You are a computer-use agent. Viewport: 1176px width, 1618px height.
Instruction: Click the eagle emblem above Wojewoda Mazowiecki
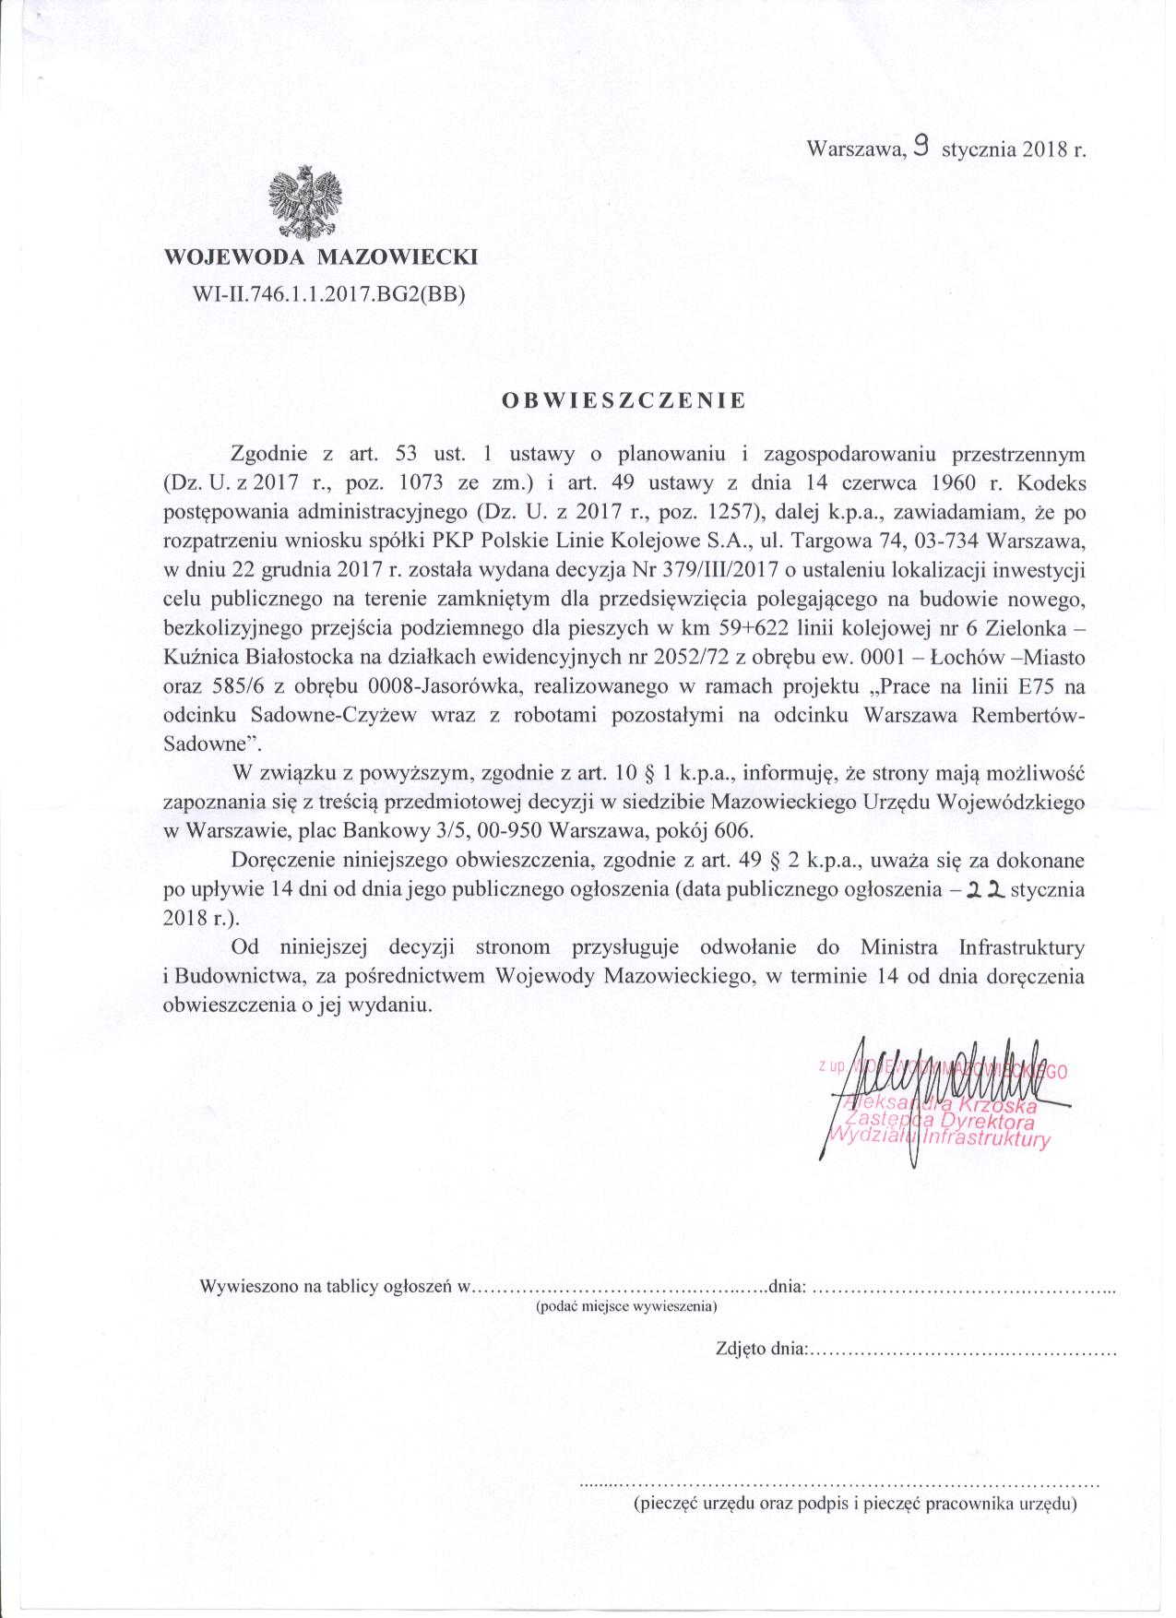[x=303, y=204]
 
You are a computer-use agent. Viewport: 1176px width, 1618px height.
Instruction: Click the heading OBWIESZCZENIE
[x=624, y=400]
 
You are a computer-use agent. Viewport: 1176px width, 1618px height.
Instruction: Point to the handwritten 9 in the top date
[x=920, y=146]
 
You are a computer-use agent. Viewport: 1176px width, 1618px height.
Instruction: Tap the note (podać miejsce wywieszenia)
[x=627, y=1306]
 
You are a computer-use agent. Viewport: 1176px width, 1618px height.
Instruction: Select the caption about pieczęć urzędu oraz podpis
[x=854, y=1505]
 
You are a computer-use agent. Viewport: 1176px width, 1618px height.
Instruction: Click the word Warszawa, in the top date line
[x=853, y=149]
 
